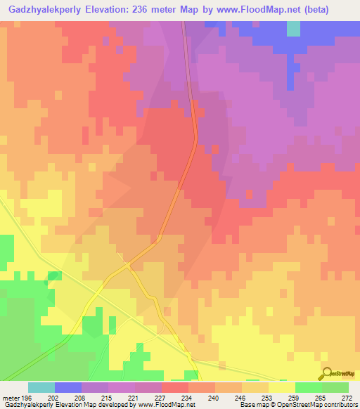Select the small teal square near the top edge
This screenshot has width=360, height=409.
point(292,27)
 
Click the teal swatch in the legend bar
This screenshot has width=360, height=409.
point(41,388)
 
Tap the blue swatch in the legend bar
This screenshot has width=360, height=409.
point(68,388)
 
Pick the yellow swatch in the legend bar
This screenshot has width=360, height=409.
point(282,388)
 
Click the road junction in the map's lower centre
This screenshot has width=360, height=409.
point(127,265)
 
